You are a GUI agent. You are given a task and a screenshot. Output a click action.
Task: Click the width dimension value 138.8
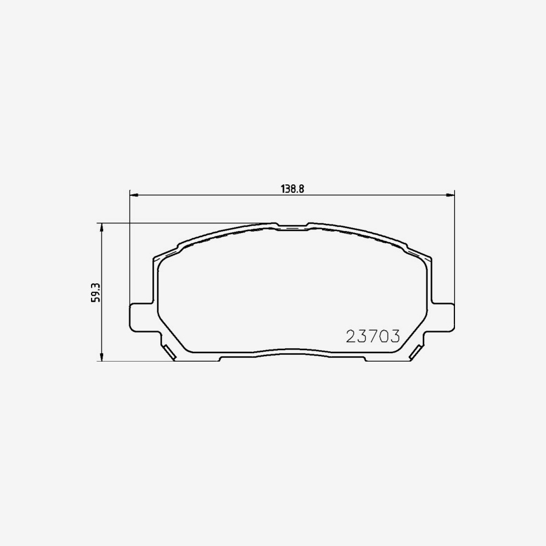(292, 188)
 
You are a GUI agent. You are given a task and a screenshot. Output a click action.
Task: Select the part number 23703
(372, 336)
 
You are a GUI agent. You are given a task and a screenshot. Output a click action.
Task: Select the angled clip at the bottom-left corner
(168, 351)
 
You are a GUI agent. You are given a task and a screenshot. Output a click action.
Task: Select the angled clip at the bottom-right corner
(417, 351)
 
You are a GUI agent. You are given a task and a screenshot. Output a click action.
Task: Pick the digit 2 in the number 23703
(351, 336)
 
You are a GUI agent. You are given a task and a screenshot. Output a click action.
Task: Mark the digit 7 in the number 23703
(372, 336)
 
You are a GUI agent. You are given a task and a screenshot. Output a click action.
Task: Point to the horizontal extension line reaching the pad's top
(182, 223)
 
